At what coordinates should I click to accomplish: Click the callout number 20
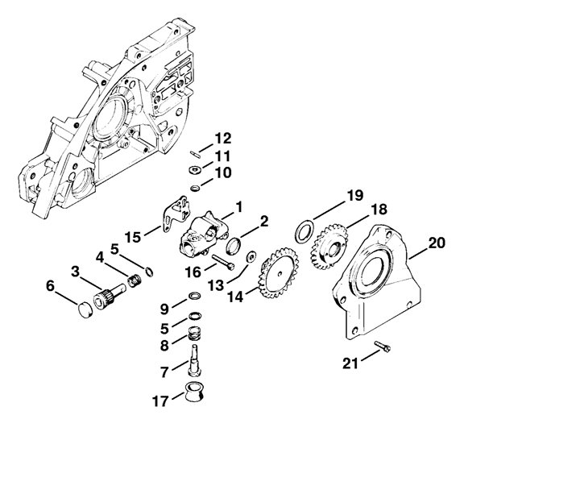pyautogui.click(x=437, y=242)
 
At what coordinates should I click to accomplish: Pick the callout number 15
pyautogui.click(x=133, y=236)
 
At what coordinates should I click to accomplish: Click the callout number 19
pyautogui.click(x=355, y=196)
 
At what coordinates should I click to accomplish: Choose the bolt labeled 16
pyautogui.click(x=223, y=262)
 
